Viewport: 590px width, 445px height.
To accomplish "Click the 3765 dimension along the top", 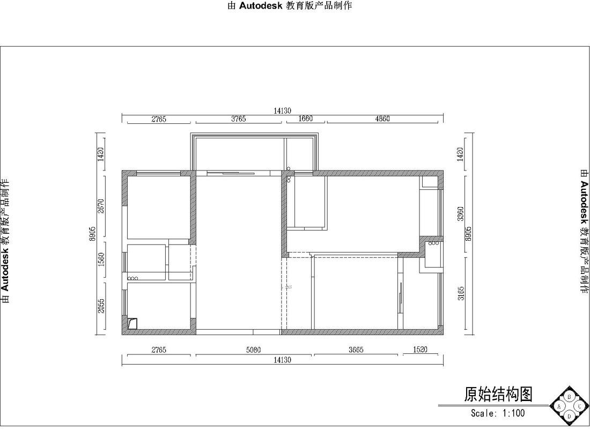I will (239, 119).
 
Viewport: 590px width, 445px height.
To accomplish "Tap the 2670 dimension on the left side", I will (100, 206).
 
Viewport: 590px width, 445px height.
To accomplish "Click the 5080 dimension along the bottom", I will (254, 350).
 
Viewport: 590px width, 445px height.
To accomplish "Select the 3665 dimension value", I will (356, 350).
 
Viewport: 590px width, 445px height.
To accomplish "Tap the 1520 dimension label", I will (421, 350).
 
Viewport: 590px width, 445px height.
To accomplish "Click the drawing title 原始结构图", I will (498, 395).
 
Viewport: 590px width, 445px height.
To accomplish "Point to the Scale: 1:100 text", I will (498, 413).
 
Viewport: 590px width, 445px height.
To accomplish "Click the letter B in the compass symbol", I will (570, 397).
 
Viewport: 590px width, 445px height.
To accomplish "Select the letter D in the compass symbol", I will (570, 416).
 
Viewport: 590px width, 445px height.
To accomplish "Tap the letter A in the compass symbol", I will (559, 407).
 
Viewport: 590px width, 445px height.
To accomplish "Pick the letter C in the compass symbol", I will (579, 407).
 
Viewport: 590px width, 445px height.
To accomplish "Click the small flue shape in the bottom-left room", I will (132, 323).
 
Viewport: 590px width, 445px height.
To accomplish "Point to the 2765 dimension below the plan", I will (159, 350).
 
